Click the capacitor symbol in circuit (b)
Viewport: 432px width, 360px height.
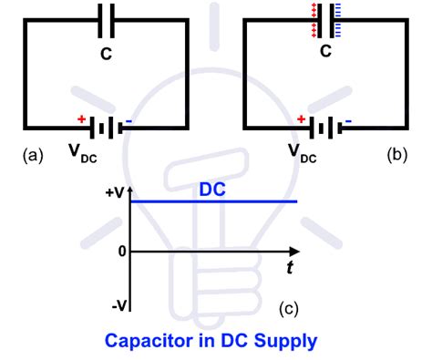tap(324, 20)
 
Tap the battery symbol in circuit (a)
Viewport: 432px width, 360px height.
tap(105, 126)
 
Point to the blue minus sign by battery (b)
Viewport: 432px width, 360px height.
tap(347, 118)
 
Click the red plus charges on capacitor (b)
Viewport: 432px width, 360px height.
tap(314, 19)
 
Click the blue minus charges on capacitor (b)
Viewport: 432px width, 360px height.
tap(335, 19)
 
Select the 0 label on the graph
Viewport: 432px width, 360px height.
tap(120, 250)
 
